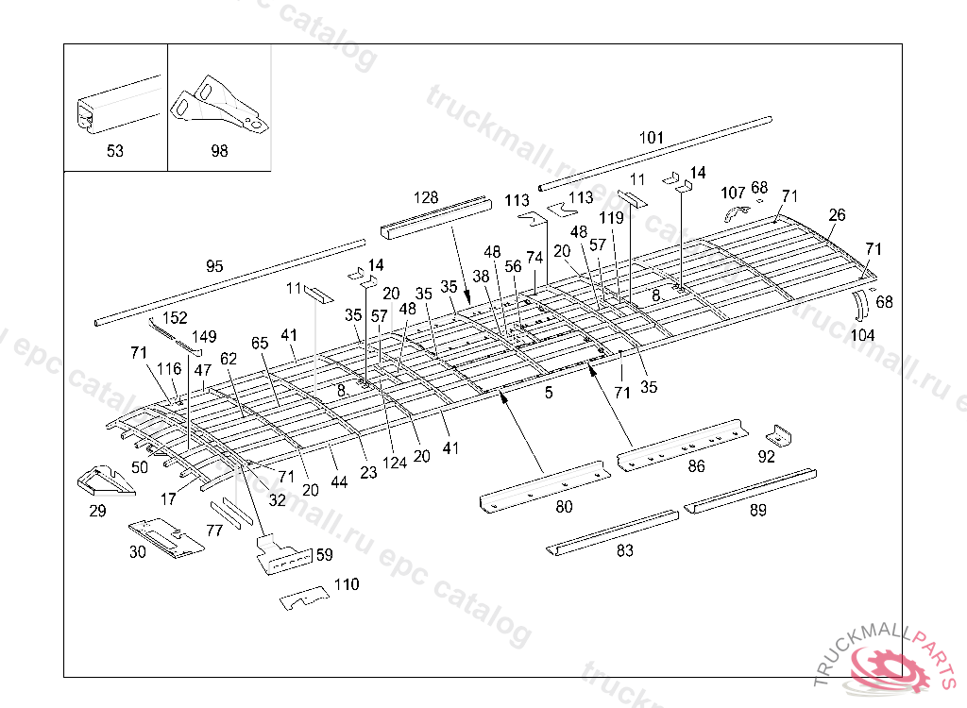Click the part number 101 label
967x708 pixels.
click(x=651, y=138)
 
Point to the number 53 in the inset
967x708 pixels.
click(x=114, y=151)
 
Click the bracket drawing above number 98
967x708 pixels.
click(x=219, y=102)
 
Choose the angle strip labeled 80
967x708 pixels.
click(x=545, y=485)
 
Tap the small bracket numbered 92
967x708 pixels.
click(x=777, y=435)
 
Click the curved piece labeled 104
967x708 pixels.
click(x=859, y=307)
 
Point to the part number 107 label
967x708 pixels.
click(x=733, y=193)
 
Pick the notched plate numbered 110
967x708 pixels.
click(x=304, y=598)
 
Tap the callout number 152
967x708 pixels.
click(x=176, y=317)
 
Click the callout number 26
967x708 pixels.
click(x=837, y=215)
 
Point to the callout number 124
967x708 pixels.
click(x=395, y=463)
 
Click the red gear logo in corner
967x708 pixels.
click(x=892, y=666)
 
